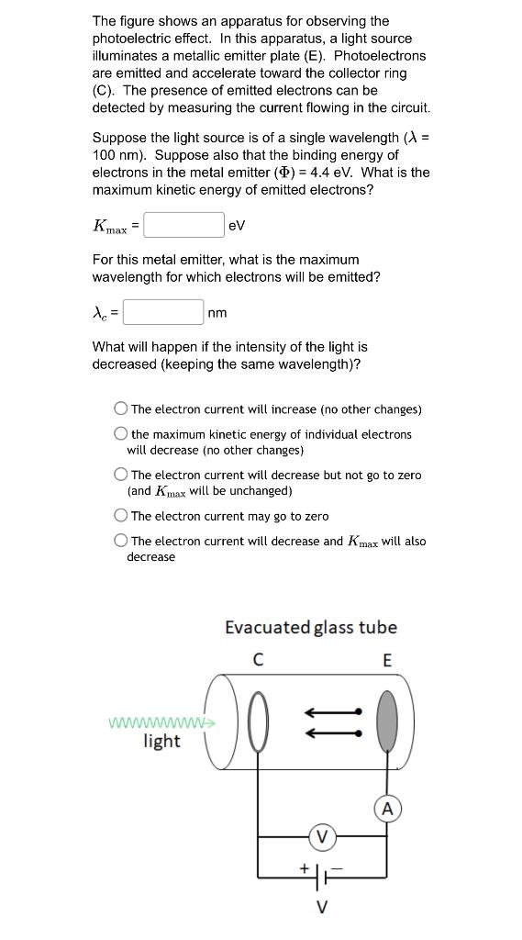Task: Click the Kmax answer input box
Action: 183,225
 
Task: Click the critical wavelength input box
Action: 163,312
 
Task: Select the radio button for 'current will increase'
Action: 121,409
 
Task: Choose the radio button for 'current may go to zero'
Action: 121,516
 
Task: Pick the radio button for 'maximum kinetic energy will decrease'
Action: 121,434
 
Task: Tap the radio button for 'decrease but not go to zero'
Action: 121,475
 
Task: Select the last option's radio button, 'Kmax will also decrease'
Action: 121,541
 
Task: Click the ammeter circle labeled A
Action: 387,809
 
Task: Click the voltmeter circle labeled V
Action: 321,836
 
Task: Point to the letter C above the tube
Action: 258,660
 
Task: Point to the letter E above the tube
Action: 387,660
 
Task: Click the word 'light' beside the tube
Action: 161,741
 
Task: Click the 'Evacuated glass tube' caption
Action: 311,628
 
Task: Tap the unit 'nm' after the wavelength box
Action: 217,313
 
